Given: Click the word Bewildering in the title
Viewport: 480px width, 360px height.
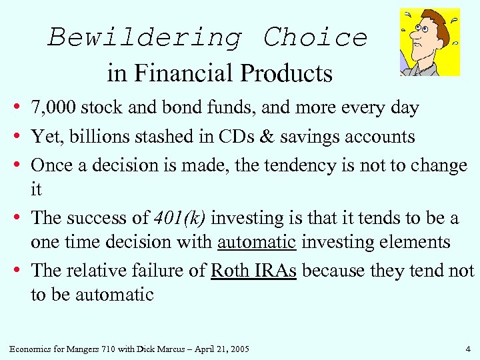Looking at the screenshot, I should (144, 37).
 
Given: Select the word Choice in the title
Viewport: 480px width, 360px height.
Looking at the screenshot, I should (315, 37).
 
